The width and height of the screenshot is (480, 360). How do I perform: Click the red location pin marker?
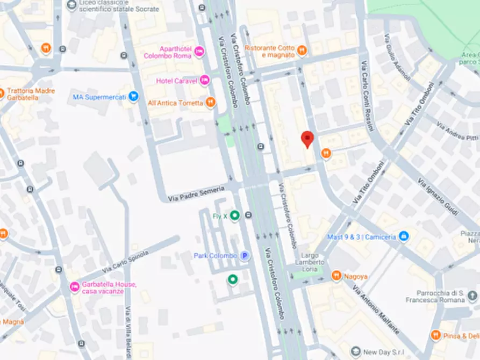click(x=307, y=139)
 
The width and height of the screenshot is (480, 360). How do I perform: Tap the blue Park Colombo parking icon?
click(x=245, y=256)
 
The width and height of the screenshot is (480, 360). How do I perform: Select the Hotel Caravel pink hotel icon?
click(x=204, y=81)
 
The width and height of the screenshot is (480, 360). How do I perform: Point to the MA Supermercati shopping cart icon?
click(x=134, y=97)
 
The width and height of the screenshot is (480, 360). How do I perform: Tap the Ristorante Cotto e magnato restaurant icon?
click(x=302, y=51)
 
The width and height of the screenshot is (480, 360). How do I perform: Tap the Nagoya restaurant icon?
click(x=336, y=276)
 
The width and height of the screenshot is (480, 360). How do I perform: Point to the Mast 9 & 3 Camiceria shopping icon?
click(x=404, y=236)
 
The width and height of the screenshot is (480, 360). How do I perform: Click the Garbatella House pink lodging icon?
click(x=75, y=287)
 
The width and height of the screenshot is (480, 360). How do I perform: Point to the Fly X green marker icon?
click(x=234, y=215)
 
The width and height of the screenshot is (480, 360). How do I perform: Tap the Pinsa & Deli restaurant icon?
click(x=436, y=335)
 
